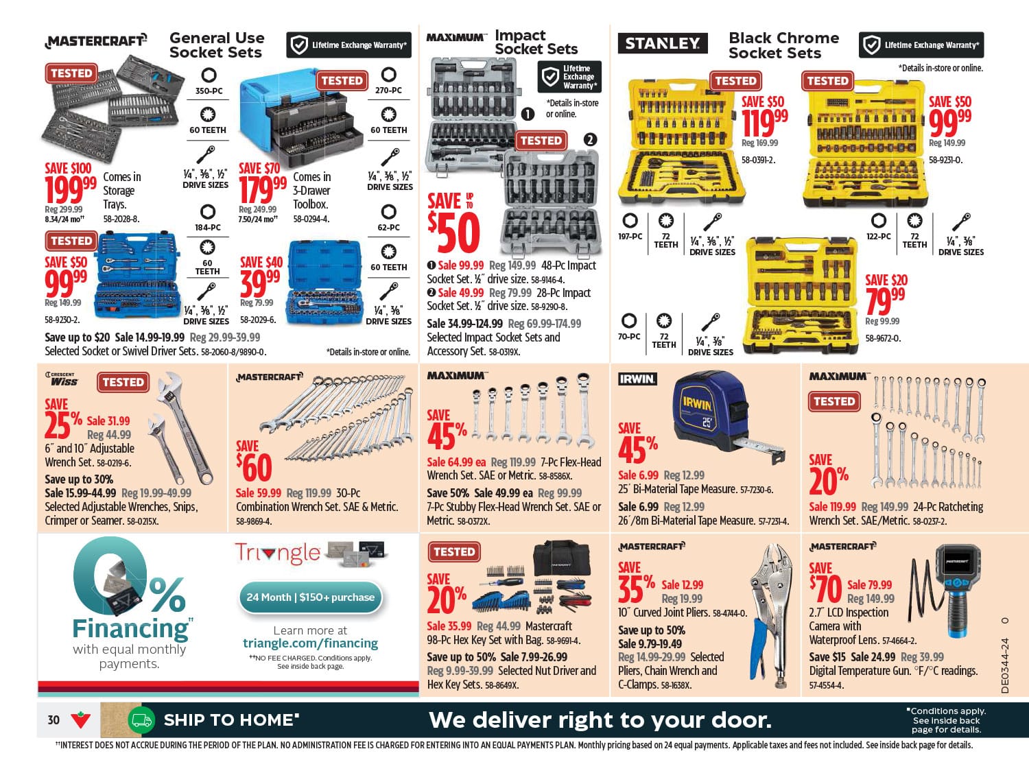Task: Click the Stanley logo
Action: click(x=663, y=43)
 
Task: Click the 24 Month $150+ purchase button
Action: click(x=310, y=597)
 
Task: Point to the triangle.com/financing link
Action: click(x=310, y=643)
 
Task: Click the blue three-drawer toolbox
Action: click(x=300, y=118)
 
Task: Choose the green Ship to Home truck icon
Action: click(x=141, y=720)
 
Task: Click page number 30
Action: click(x=54, y=720)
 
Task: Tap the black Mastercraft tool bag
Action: click(x=562, y=559)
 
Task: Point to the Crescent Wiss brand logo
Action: click(x=61, y=379)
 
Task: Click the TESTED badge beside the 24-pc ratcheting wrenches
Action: click(x=834, y=402)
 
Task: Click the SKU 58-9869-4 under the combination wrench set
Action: click(x=254, y=521)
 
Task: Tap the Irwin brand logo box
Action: click(x=637, y=379)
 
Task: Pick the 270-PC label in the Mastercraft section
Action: click(x=388, y=90)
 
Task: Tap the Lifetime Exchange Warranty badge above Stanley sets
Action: click(x=921, y=45)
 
